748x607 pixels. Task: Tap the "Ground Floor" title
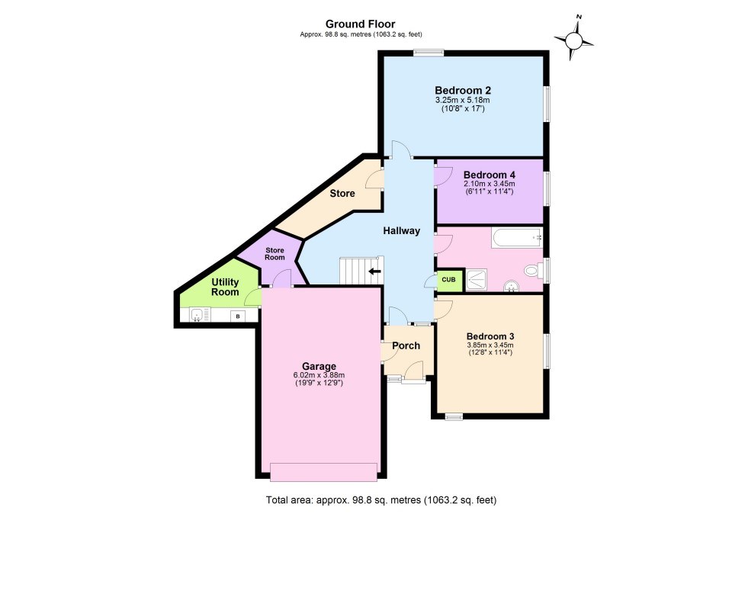pyautogui.click(x=361, y=24)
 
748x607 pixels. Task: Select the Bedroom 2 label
pyautogui.click(x=462, y=89)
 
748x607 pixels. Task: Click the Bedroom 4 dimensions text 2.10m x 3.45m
pyautogui.click(x=489, y=184)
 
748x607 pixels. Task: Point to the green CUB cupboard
pyautogui.click(x=448, y=280)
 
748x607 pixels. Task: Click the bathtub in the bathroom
pyautogui.click(x=516, y=238)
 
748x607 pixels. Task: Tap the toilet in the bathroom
pyautogui.click(x=533, y=270)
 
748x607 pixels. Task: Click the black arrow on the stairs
pyautogui.click(x=374, y=271)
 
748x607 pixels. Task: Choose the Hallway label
pyautogui.click(x=402, y=230)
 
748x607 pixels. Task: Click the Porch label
pyautogui.click(x=406, y=345)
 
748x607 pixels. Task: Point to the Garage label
pyautogui.click(x=319, y=366)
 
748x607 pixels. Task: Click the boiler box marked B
pyautogui.click(x=237, y=315)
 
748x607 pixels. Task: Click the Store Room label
pyautogui.click(x=274, y=253)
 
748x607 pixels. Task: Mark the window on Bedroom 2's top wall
pyautogui.click(x=429, y=53)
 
